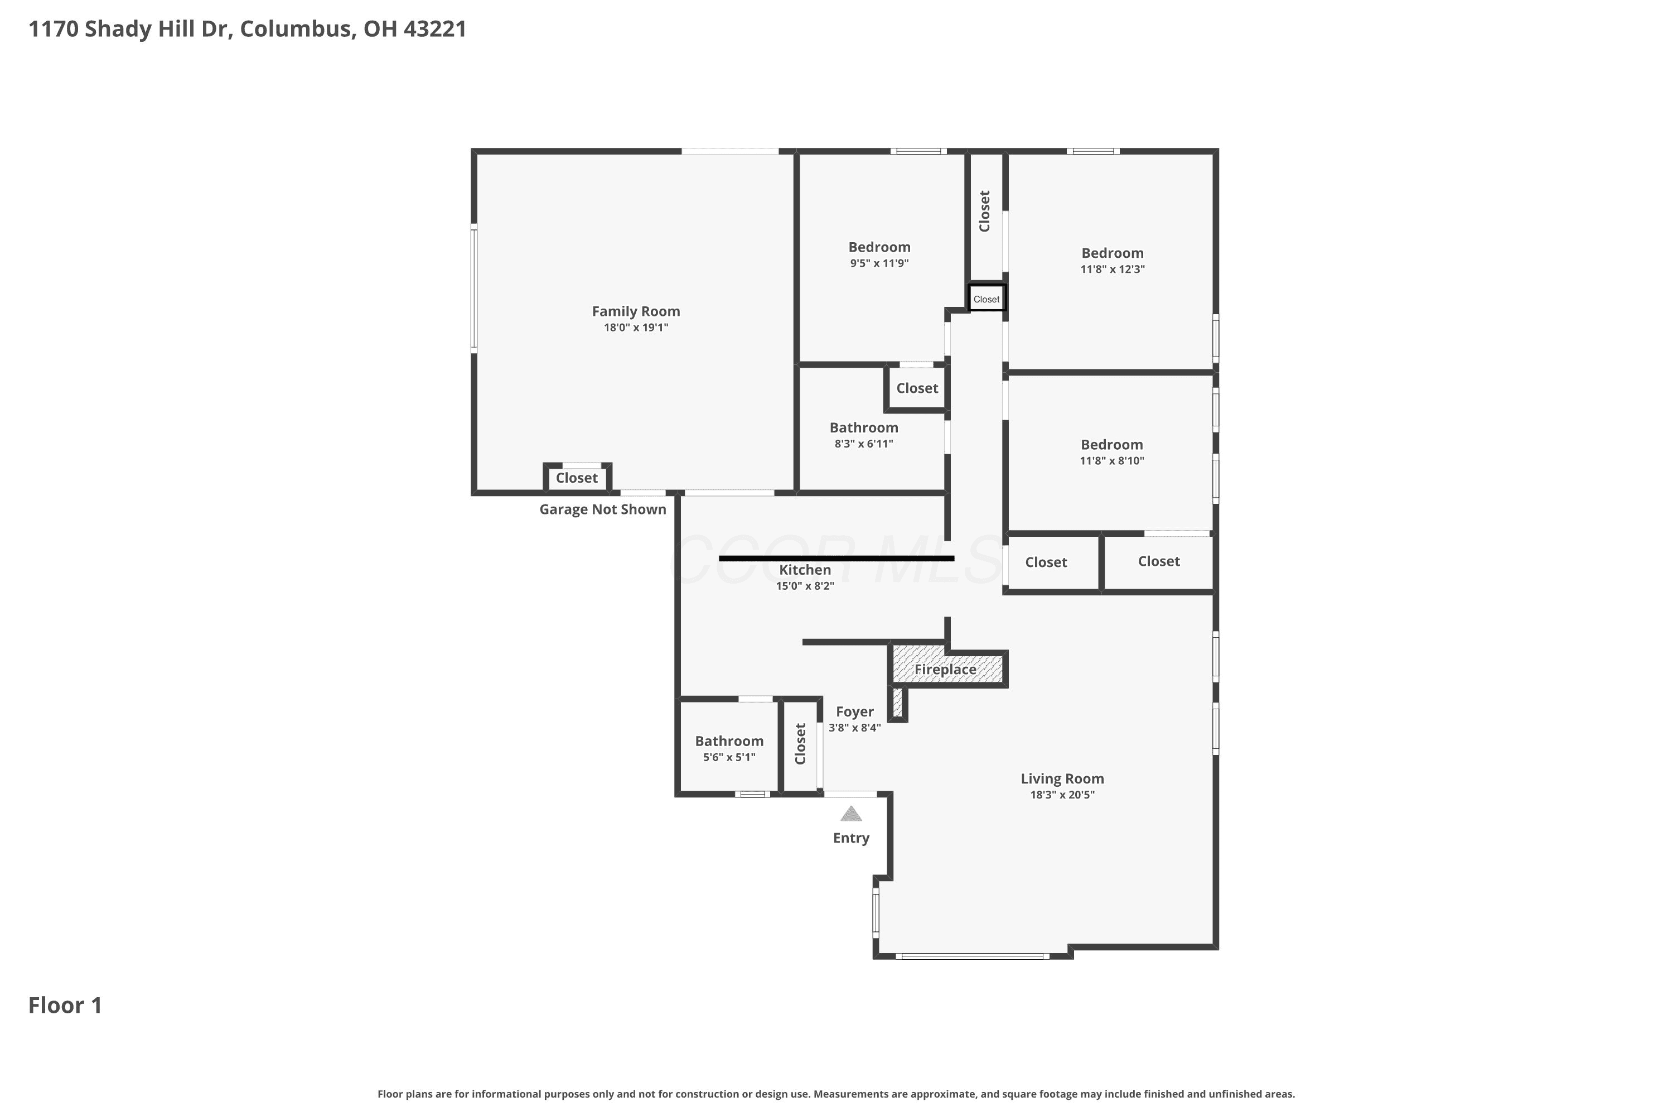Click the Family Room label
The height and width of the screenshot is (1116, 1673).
636,311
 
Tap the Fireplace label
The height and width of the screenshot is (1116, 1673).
945,670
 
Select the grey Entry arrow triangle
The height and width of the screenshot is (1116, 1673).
851,814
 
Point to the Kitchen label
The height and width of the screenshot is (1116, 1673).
805,569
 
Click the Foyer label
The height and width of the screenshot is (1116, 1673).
854,712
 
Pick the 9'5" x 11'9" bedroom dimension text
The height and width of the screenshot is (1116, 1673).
879,263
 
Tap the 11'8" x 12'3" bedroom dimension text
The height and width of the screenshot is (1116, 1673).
1113,268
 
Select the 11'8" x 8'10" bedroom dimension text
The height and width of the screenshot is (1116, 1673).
1112,460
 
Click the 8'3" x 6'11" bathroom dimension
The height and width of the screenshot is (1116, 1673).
863,444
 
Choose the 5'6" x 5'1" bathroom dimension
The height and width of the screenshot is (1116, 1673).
729,757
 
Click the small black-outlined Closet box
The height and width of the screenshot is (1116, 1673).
987,298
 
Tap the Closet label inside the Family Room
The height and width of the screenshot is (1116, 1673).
576,478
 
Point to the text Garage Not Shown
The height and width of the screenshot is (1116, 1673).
602,509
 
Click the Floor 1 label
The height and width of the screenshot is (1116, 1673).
65,1005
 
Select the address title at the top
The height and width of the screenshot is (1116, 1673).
248,28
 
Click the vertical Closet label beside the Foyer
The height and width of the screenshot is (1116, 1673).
800,744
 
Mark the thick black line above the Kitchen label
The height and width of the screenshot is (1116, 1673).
836,559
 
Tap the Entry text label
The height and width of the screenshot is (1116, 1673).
851,838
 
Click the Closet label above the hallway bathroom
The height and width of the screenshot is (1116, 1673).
917,388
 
